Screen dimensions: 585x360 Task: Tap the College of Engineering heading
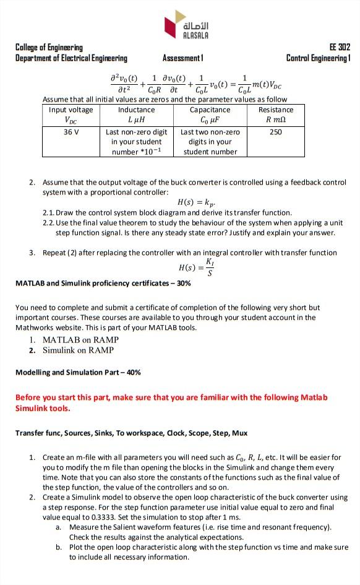[49, 48]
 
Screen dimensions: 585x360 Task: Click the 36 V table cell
[70, 132]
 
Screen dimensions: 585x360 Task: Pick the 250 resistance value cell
[276, 132]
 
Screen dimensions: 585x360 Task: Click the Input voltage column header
[71, 110]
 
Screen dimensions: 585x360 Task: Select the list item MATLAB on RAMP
[80, 340]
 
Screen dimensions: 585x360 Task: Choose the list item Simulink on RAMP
[78, 350]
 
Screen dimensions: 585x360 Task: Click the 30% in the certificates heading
[183, 284]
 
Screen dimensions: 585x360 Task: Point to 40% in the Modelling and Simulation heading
[133, 373]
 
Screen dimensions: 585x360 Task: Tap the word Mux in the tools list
[239, 433]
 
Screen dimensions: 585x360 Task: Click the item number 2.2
[48, 223]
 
